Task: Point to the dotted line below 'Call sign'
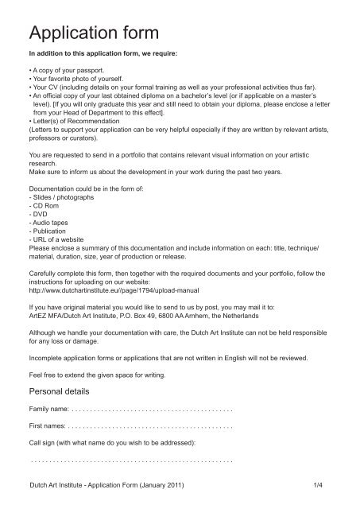[130, 460]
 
